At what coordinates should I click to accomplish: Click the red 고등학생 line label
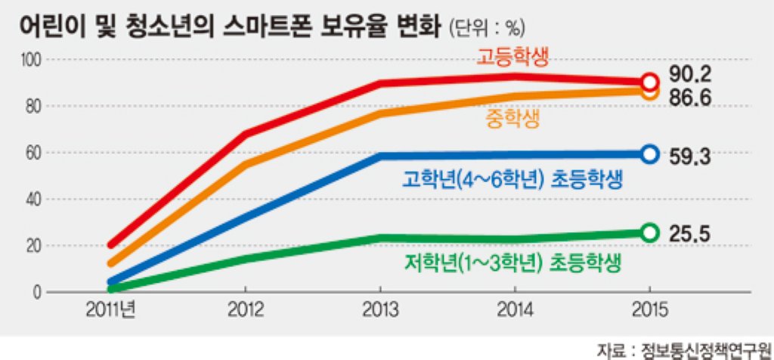(x=512, y=57)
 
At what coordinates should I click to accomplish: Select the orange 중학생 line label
(x=512, y=119)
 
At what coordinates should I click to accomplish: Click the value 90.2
(x=689, y=75)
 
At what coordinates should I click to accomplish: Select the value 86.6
(x=689, y=98)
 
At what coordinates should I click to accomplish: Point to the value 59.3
(x=689, y=157)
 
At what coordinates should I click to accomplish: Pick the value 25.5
(x=689, y=233)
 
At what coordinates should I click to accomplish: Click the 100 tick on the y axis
(x=31, y=60)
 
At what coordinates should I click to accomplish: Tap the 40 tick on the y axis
(x=34, y=200)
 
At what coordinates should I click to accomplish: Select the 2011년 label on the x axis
(x=110, y=310)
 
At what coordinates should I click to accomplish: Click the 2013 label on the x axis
(x=380, y=310)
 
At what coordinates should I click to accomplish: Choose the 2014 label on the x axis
(x=515, y=310)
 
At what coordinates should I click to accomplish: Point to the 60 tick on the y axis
(x=34, y=153)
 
